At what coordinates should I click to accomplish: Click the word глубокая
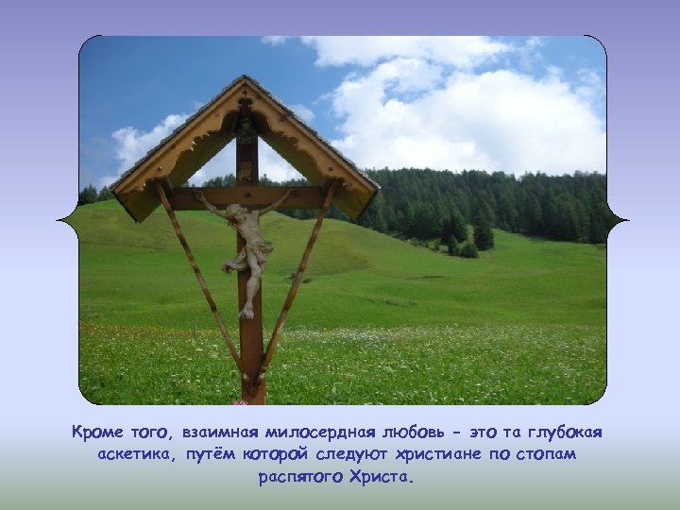(x=563, y=433)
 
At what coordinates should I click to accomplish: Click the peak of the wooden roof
(x=244, y=79)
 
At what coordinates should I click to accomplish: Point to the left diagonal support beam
(x=198, y=274)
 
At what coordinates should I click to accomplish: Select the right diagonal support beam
(x=299, y=274)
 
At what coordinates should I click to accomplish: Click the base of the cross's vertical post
(x=251, y=392)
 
